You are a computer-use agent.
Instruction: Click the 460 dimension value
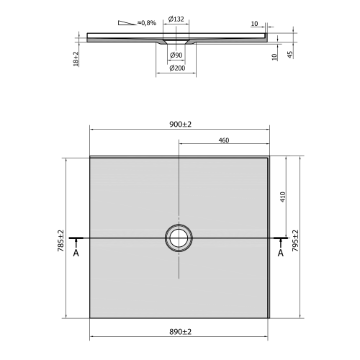223,140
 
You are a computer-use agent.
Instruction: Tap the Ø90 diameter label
175,55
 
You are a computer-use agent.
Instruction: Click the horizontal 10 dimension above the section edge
254,24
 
